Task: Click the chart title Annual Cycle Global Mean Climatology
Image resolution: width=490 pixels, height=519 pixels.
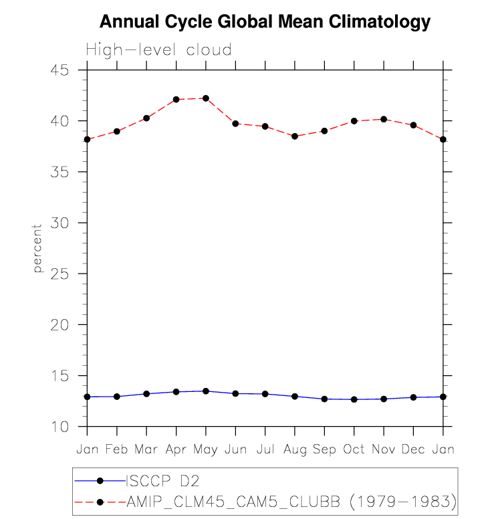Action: click(265, 22)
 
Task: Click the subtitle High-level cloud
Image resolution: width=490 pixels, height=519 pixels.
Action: click(158, 50)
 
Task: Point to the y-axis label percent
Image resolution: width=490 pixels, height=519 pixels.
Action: click(37, 248)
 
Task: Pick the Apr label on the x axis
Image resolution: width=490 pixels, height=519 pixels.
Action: click(176, 449)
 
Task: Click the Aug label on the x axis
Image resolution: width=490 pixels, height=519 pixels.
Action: click(295, 449)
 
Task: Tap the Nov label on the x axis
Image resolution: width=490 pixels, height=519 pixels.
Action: click(383, 449)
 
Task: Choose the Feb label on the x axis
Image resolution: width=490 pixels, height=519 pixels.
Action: click(117, 449)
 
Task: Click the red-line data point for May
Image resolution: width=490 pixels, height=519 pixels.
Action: click(206, 98)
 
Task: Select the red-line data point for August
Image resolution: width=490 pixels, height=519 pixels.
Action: click(295, 136)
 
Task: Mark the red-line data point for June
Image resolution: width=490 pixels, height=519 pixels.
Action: click(235, 124)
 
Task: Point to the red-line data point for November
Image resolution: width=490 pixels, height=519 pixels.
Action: click(383, 119)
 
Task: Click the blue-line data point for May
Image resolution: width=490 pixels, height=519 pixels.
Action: click(206, 391)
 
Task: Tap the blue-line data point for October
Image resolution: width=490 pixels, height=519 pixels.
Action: click(354, 399)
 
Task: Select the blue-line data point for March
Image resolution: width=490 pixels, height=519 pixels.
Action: click(146, 394)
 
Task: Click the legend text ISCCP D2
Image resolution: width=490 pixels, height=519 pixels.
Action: click(164, 481)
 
